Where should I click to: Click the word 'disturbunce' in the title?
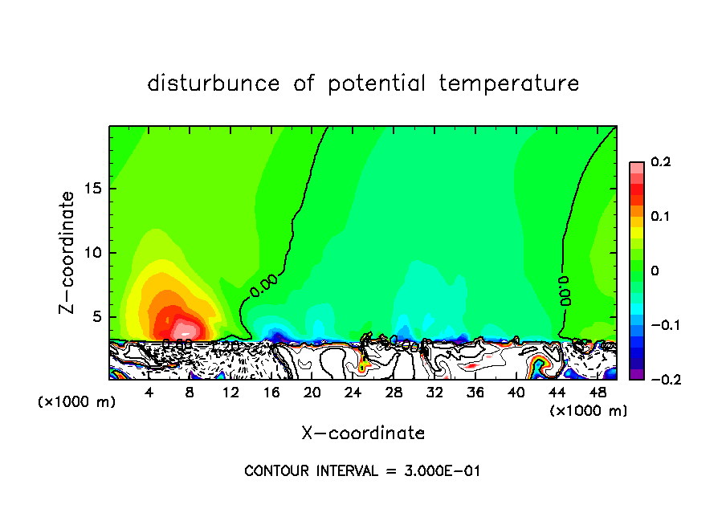(214, 83)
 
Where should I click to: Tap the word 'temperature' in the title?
(509, 83)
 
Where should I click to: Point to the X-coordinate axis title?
(363, 433)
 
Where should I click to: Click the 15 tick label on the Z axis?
(94, 189)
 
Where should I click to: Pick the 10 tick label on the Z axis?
(94, 253)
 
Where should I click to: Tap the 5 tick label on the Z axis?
(97, 316)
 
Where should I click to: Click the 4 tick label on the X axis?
(149, 393)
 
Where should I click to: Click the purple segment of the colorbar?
(637, 374)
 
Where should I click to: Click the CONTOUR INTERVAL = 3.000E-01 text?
(362, 471)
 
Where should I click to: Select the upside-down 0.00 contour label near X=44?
(565, 291)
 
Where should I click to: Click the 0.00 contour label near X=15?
(263, 286)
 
